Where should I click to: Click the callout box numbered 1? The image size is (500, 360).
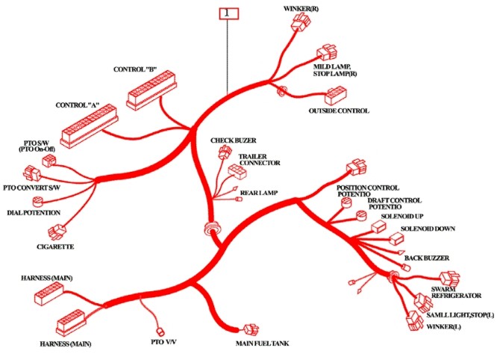click(x=228, y=13)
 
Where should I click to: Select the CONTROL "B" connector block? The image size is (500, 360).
click(x=154, y=91)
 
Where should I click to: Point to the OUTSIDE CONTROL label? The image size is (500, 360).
click(x=339, y=111)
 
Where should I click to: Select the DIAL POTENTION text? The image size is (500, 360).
click(x=34, y=213)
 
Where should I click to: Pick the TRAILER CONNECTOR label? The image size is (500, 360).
click(x=259, y=159)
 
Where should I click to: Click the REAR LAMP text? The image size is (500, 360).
click(x=260, y=193)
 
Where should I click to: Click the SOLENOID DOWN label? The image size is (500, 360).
click(x=428, y=228)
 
